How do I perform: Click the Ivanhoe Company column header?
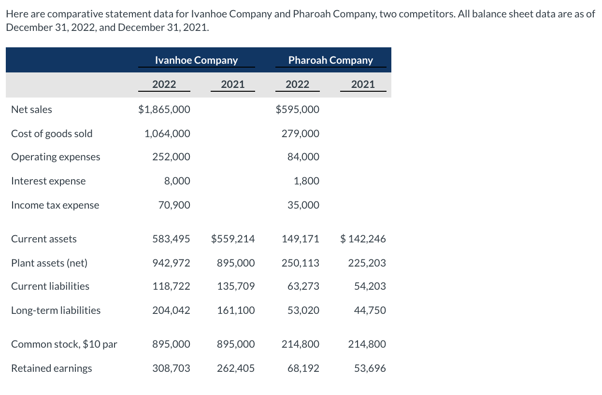[x=196, y=60]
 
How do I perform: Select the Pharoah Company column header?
[x=330, y=60]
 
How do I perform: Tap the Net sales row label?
[x=31, y=110]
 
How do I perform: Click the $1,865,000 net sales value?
[x=164, y=110]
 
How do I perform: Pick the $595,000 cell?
[x=297, y=110]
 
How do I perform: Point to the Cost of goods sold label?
[x=52, y=134]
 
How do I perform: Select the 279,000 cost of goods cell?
[x=300, y=134]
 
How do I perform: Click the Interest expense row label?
[x=48, y=181]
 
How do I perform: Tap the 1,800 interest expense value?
[x=306, y=181]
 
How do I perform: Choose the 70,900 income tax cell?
[x=174, y=205]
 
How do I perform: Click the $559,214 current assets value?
[x=233, y=239]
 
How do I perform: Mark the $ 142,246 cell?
[x=363, y=239]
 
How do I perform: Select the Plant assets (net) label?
[x=49, y=263]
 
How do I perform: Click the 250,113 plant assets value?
[x=301, y=263]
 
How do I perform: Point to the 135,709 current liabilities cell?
[x=236, y=286]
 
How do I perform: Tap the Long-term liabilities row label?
[x=56, y=310]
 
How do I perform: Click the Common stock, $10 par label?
[x=64, y=344]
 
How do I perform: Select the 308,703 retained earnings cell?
[x=171, y=368]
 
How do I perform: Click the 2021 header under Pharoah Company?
[x=363, y=85]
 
